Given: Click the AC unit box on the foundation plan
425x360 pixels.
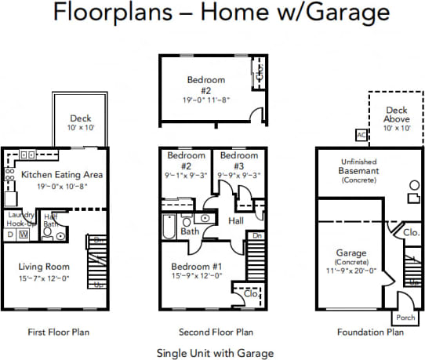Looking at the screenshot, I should [361, 134].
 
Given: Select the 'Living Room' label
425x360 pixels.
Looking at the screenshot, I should [44, 267].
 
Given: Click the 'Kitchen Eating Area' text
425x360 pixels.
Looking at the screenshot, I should [61, 175].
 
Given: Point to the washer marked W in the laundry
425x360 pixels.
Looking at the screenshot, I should [24, 234].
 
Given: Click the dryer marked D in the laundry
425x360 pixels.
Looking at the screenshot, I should [10, 234].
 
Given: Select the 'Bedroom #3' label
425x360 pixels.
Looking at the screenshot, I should [233, 161].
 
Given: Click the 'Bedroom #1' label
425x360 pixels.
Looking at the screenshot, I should [197, 266].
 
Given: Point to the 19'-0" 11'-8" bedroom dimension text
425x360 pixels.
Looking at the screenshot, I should [205, 100].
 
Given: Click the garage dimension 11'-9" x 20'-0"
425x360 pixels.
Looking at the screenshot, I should [351, 271].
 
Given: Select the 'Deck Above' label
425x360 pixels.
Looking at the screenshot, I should [397, 115].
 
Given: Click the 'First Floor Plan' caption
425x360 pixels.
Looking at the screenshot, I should [58, 332].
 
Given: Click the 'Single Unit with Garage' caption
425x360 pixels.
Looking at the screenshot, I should [215, 352].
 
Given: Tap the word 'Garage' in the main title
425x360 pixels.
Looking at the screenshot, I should [351, 13].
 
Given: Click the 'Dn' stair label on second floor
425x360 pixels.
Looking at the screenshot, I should [258, 235].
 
